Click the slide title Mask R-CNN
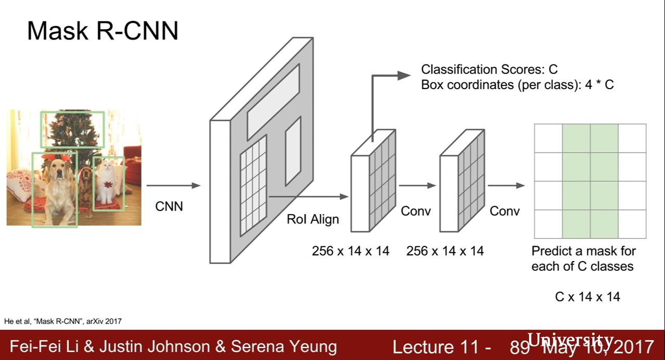pos(103,31)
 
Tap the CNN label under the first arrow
pos(169,206)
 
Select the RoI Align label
pos(312,219)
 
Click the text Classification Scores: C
pos(489,69)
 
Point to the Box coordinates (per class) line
pos(517,85)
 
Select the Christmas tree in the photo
pos(73,128)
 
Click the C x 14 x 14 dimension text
pos(587,297)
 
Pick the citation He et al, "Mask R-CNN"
pos(62,321)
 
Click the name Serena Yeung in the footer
pos(284,347)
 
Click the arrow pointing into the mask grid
pos(506,185)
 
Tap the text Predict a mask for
pos(583,251)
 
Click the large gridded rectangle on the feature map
pos(253,185)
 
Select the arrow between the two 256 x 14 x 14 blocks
pos(417,185)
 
